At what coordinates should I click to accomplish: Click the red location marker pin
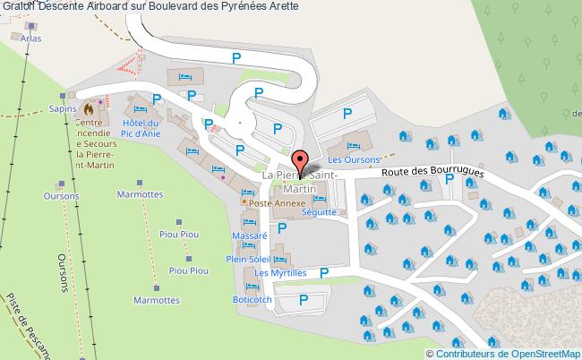click(x=301, y=162)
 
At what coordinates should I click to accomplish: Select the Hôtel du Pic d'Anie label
click(x=140, y=128)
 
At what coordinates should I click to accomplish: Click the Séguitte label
click(x=319, y=212)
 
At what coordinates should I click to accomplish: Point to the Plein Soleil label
click(x=248, y=258)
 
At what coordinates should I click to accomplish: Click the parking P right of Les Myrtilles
click(x=324, y=272)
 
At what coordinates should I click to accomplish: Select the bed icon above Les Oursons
click(x=353, y=145)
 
